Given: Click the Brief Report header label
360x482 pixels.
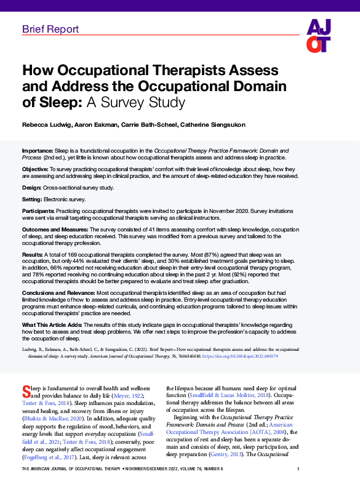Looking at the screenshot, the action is point(50,29).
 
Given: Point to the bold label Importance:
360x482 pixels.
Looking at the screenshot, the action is point(37,150).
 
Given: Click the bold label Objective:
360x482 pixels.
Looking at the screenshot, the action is point(35,168).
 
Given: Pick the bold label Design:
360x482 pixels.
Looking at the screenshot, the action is point(32,187).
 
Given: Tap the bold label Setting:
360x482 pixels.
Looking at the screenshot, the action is point(33,199).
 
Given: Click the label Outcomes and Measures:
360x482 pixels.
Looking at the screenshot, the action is point(55,230).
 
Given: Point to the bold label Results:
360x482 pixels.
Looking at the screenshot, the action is point(33,254).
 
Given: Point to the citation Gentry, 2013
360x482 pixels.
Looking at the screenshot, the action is point(246,454).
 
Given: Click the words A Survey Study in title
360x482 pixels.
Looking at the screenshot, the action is point(150,100).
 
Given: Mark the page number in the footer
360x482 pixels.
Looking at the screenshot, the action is point(335,470).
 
